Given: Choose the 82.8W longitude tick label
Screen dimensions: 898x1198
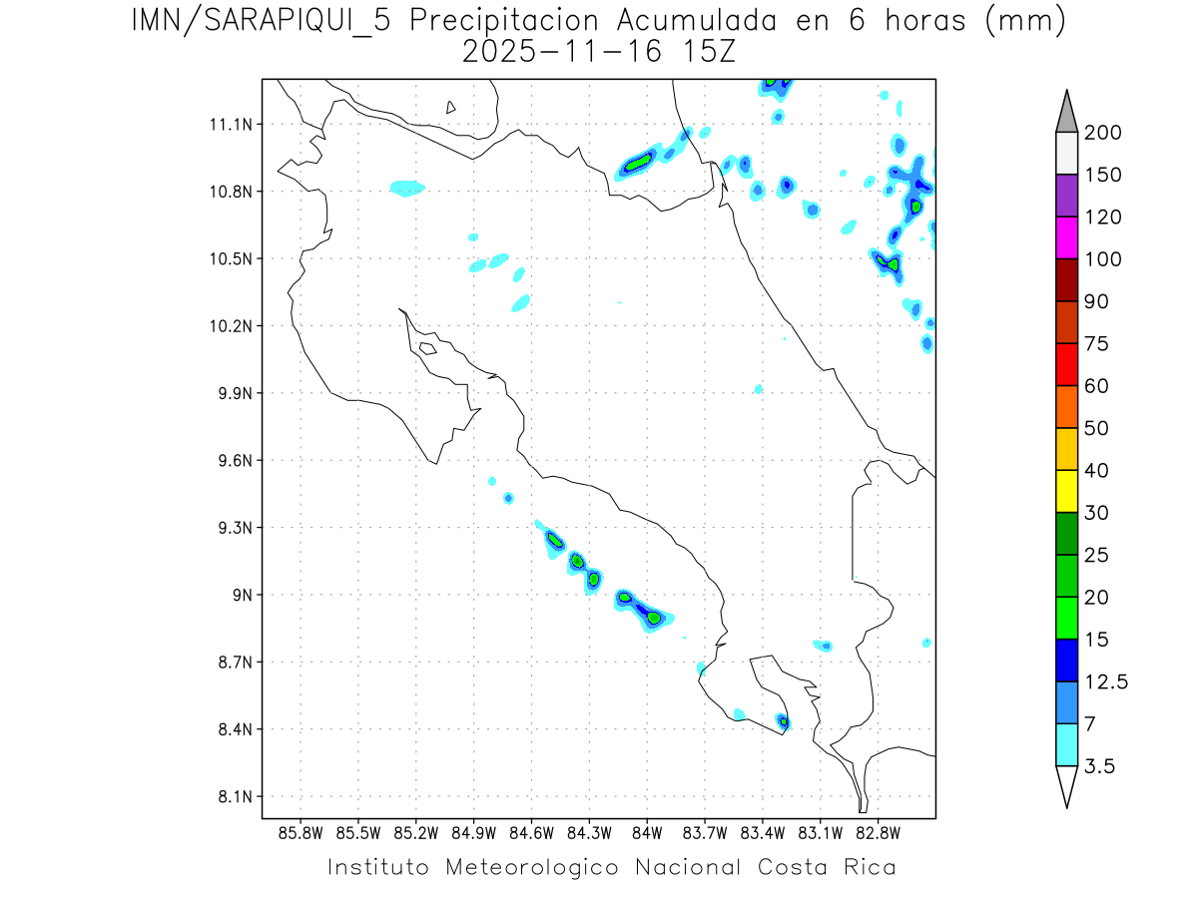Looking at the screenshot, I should tap(878, 832).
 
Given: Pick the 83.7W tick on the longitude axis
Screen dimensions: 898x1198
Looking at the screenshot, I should tap(705, 832).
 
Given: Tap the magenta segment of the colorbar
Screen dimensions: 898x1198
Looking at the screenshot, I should tap(1066, 237).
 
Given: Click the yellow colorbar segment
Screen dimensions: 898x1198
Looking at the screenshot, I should tap(1066, 491).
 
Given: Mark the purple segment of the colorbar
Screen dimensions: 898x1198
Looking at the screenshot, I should tap(1066, 196).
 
